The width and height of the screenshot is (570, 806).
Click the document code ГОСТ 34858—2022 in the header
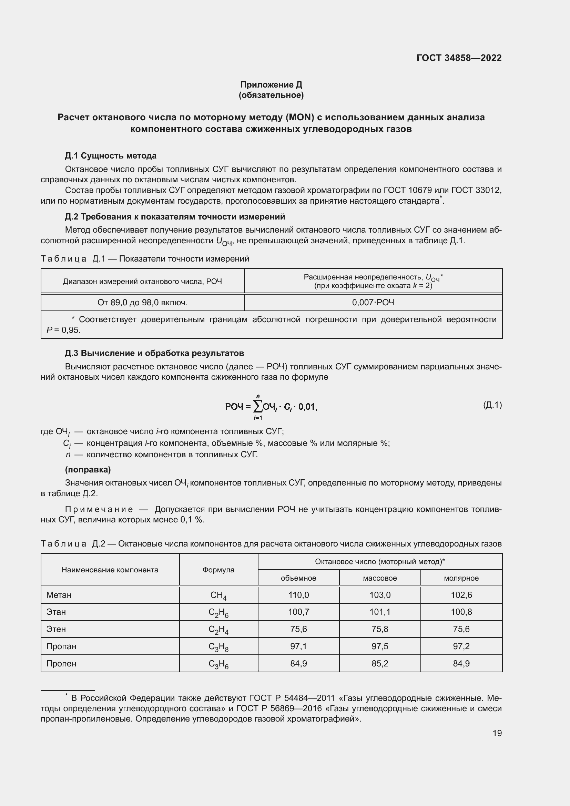459,58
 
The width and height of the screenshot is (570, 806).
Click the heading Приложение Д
271,85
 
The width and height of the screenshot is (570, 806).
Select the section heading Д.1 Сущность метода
111,155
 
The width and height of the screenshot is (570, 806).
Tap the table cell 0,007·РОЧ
373,302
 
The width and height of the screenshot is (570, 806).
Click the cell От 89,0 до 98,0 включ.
143,302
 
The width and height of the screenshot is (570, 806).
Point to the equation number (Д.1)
492,405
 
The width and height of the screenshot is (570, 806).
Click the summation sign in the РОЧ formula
258,407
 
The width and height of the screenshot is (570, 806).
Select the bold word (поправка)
88,469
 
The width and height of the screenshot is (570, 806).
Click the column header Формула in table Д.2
218,569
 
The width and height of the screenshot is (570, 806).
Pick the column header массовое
380,578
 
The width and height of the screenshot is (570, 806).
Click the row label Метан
59,595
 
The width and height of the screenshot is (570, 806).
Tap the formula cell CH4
218,595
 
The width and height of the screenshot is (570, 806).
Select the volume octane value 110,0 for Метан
298,595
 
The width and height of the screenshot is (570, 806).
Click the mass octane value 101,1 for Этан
380,612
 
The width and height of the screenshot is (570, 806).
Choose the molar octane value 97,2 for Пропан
461,646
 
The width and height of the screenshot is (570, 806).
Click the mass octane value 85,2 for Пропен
380,663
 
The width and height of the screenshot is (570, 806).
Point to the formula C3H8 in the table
218,646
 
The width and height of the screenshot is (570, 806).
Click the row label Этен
56,629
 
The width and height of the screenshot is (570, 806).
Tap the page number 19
497,733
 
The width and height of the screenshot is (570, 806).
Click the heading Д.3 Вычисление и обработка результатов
154,353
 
